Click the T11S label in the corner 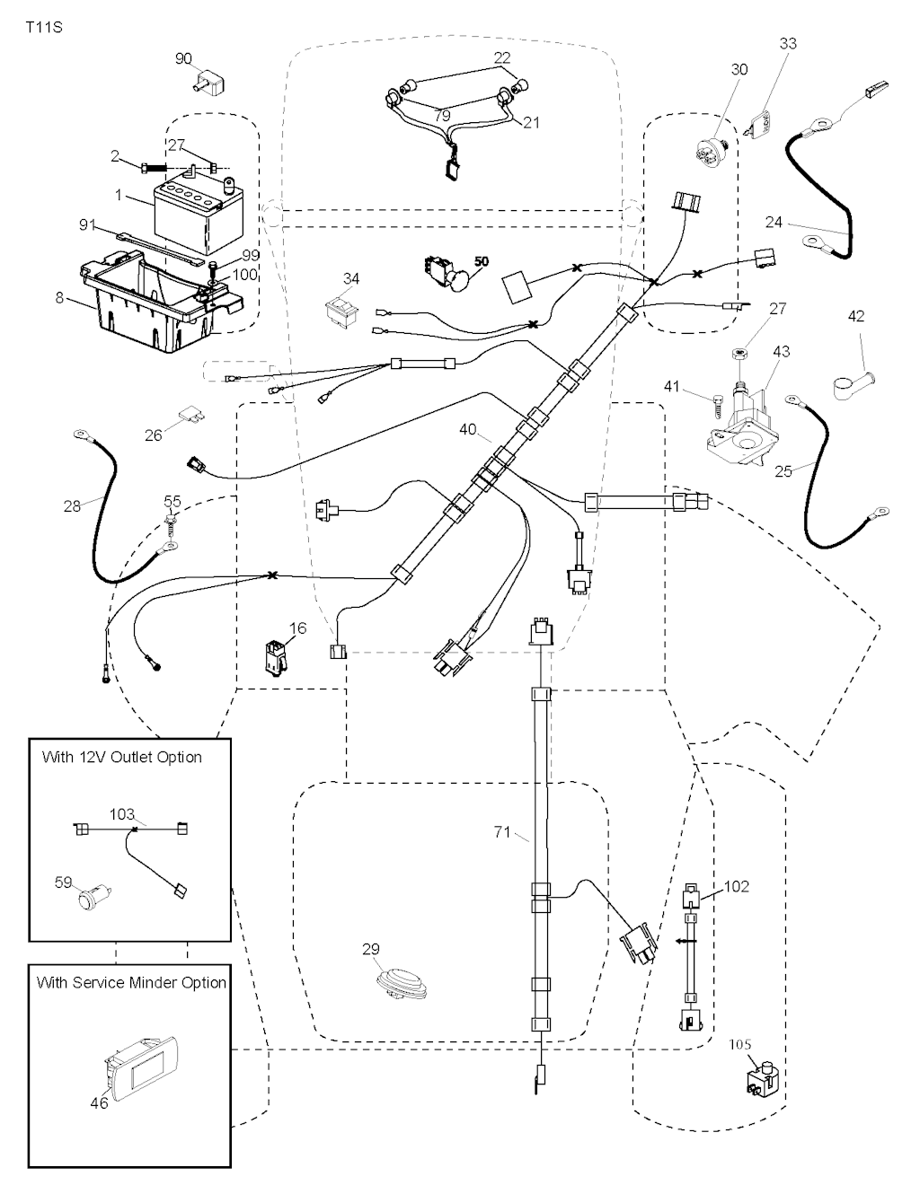click(44, 26)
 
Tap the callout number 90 click(183, 59)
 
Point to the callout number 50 click(482, 261)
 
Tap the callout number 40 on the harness click(467, 430)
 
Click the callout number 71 click(502, 833)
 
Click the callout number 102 click(736, 886)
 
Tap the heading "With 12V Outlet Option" click(122, 757)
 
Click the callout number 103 click(122, 815)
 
